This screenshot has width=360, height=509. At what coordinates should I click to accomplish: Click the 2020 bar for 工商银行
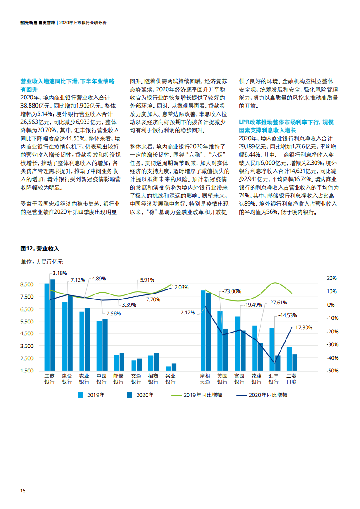pos(53,325)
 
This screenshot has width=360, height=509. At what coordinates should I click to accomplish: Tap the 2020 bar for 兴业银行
pos(174,367)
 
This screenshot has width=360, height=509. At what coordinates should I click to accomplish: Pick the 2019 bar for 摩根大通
pos(203,330)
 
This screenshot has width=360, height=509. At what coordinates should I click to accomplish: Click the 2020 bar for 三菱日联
pos(295,362)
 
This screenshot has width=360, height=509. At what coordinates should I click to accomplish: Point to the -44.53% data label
pos(287,315)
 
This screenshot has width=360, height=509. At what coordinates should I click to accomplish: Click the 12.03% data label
pos(180,287)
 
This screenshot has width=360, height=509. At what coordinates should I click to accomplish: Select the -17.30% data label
pos(303,328)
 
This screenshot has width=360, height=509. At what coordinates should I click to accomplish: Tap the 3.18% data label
pos(60,274)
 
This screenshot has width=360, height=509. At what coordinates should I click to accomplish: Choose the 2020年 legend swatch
pos(129,395)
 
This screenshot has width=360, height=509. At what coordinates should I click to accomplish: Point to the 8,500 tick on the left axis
pos(27,284)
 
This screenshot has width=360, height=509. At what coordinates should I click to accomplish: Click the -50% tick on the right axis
pos(332,371)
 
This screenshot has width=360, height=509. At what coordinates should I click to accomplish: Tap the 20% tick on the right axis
pos(332,278)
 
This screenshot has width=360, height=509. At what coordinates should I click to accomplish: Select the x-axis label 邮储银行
pos(118,379)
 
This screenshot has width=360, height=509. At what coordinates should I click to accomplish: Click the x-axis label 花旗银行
pos(256,379)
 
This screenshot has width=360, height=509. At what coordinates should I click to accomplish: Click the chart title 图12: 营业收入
pos(40,249)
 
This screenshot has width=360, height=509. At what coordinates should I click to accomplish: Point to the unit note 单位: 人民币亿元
pos(42,262)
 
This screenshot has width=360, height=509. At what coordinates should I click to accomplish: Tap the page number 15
pos(23,490)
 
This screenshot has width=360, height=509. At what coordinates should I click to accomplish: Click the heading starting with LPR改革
pos(286,126)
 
